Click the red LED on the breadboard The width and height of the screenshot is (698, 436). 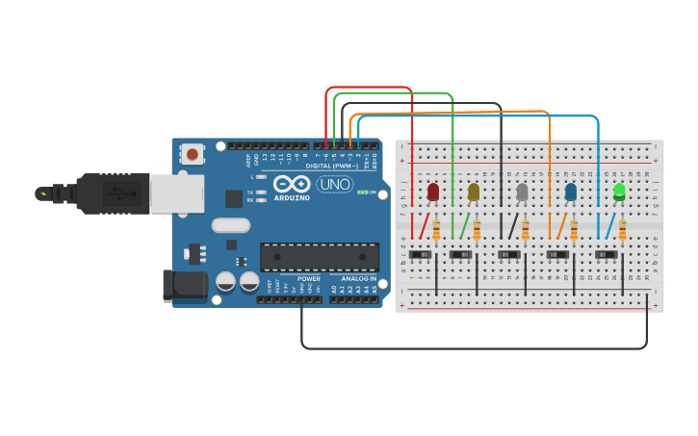click(x=433, y=192)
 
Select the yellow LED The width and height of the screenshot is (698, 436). click(x=474, y=192)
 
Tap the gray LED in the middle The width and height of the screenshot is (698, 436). click(x=522, y=192)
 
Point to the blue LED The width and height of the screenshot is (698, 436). click(x=571, y=192)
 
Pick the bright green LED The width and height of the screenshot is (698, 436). click(x=619, y=192)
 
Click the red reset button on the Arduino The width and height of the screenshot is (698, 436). click(x=193, y=154)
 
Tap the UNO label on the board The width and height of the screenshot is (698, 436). click(x=334, y=184)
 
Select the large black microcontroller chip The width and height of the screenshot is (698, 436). click(x=319, y=257)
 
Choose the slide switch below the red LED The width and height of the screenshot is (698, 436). click(x=421, y=255)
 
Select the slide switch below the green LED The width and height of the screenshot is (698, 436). click(x=606, y=255)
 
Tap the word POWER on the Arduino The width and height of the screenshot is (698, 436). click(x=308, y=278)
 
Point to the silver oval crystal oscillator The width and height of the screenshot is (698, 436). click(x=230, y=225)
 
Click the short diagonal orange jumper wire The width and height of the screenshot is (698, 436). click(x=561, y=226)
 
